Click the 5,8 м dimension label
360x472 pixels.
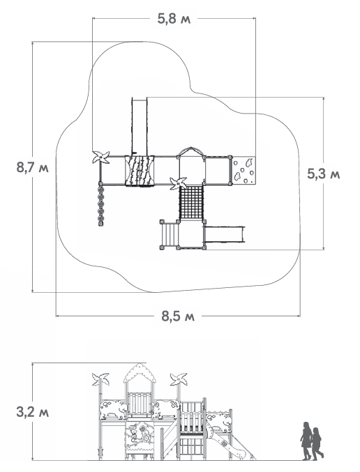[x=174, y=19]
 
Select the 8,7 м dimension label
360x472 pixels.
[x=33, y=167]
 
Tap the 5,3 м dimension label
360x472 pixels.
[x=324, y=174]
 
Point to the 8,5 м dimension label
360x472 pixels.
[x=178, y=316]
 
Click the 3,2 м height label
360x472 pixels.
[x=33, y=412]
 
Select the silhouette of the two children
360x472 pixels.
[x=311, y=441]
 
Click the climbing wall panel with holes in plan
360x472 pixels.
[x=243, y=170]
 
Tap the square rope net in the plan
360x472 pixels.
[x=192, y=203]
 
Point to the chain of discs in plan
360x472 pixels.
[x=100, y=205]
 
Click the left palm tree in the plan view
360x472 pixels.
[x=100, y=157]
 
